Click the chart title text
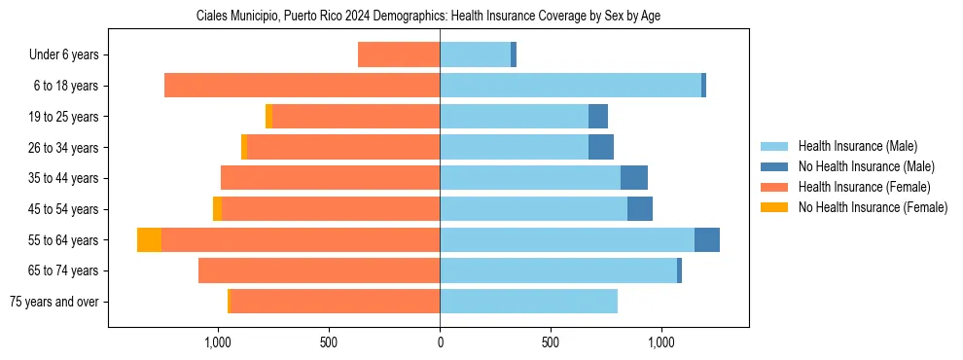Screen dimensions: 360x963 click(428, 17)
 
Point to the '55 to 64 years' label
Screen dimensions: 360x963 click(61, 240)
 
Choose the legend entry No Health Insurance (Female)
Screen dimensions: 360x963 click(873, 207)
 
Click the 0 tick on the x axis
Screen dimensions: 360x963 click(440, 342)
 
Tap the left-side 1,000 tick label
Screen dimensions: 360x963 click(218, 342)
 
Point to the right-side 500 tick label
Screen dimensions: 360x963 click(551, 342)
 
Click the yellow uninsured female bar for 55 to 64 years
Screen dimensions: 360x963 click(149, 240)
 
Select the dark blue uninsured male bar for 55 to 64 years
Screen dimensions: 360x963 click(707, 240)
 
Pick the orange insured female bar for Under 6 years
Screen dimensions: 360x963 click(399, 54)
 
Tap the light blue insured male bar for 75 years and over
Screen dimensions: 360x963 click(528, 302)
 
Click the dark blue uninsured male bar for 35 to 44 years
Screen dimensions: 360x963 click(634, 178)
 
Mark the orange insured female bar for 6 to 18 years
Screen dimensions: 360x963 click(302, 86)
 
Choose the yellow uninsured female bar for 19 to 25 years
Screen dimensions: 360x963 click(269, 117)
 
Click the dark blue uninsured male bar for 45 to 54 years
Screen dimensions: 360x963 click(640, 209)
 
